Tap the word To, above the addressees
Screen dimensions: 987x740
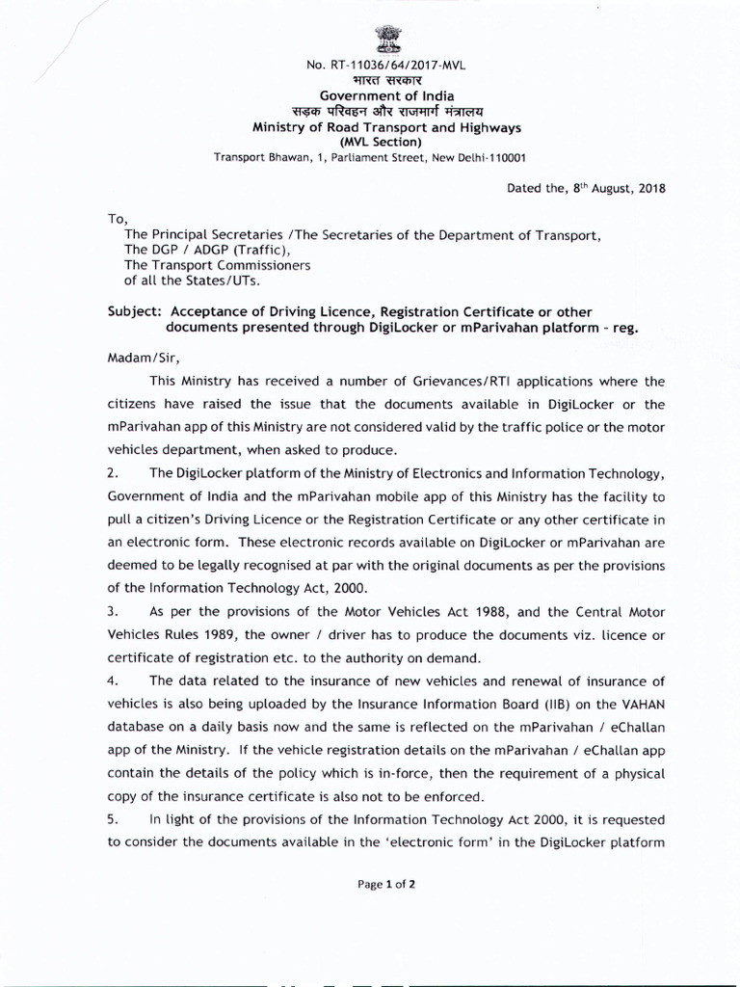click(x=119, y=220)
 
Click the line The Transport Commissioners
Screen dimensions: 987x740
click(x=218, y=266)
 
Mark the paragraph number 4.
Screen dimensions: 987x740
click(x=113, y=681)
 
